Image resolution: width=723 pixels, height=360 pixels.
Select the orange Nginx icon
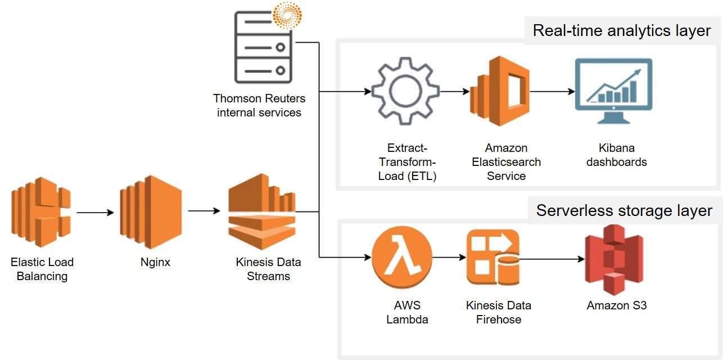(151, 211)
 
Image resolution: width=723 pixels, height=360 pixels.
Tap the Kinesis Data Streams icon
(261, 211)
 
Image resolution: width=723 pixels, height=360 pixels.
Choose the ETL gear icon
(405, 91)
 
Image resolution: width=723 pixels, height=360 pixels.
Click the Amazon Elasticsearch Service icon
(499, 91)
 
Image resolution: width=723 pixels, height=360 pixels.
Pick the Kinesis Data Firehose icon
(493, 258)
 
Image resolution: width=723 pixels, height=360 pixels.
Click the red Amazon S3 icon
(613, 259)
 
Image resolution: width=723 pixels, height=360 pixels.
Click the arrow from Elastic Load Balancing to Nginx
(95, 213)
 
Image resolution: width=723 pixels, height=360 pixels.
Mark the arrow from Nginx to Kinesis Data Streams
(204, 211)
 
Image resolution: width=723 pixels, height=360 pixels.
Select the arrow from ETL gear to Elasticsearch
(454, 91)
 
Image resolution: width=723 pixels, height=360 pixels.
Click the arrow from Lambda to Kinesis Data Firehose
(449, 258)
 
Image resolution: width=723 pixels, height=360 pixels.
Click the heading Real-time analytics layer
(621, 30)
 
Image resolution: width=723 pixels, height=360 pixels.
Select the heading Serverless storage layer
(624, 210)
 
